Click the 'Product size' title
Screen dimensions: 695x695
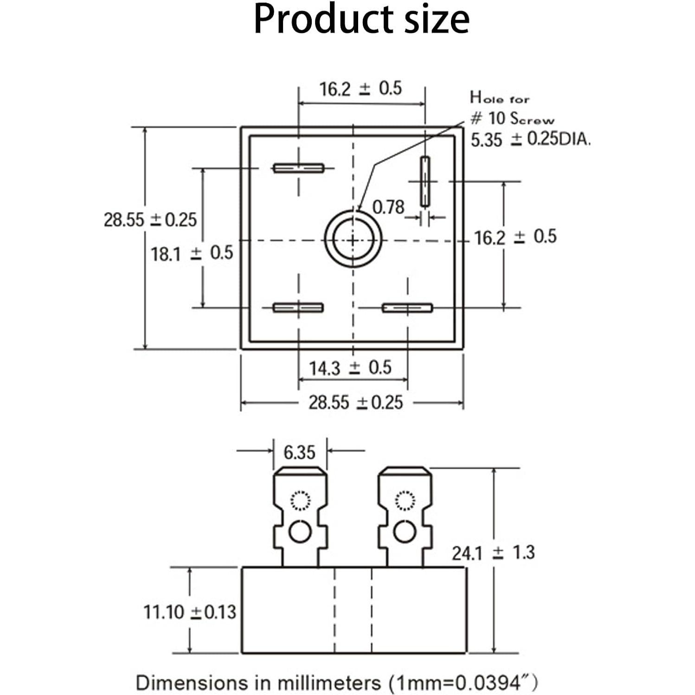click(x=361, y=19)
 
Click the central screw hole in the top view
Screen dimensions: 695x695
click(x=353, y=240)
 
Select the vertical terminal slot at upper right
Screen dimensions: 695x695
click(x=425, y=181)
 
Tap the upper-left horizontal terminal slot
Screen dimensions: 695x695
click(x=298, y=168)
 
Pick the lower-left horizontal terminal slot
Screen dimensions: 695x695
click(x=298, y=308)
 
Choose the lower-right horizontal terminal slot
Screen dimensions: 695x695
click(x=407, y=308)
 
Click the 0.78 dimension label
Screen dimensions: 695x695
click(x=388, y=207)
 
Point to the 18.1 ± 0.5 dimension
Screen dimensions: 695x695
click(x=192, y=253)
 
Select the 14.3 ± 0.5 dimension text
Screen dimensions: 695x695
click(x=350, y=368)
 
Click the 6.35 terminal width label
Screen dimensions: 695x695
click(x=299, y=452)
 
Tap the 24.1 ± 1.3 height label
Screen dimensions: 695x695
click(x=493, y=553)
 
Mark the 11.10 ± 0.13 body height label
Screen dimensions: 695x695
click(x=190, y=612)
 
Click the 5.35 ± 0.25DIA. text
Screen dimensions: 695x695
click(x=530, y=139)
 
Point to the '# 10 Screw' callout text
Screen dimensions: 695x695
click(x=512, y=119)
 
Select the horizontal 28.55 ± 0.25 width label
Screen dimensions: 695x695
click(x=356, y=402)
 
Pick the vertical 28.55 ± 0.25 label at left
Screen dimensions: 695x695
click(x=150, y=219)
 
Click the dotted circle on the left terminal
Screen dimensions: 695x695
click(x=300, y=501)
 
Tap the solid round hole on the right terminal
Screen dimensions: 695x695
click(x=405, y=532)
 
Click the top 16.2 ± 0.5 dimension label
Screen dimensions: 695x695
click(x=360, y=88)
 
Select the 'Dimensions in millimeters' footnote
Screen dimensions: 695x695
click(x=337, y=683)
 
